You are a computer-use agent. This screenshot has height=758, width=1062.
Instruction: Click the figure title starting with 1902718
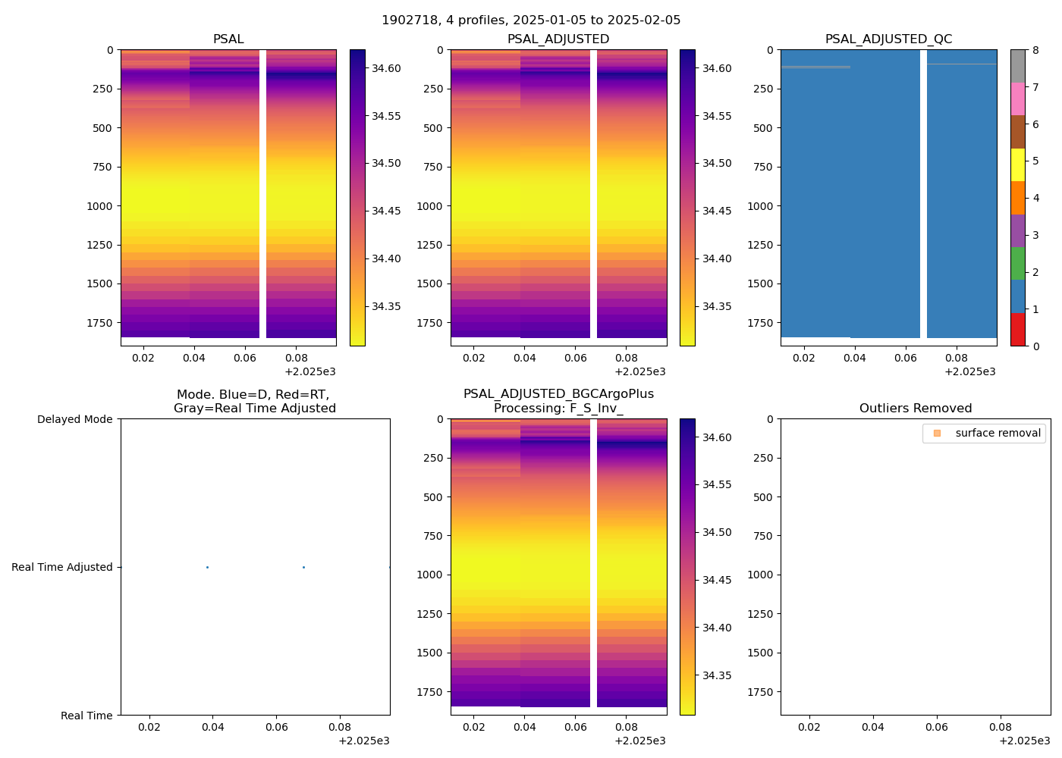tap(531, 20)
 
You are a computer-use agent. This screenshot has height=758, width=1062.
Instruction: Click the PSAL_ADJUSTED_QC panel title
tap(888, 39)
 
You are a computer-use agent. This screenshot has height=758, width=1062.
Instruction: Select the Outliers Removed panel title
tap(915, 409)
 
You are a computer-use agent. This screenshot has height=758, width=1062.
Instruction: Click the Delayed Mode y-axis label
tap(74, 419)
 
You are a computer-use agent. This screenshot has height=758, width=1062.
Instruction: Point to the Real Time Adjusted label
tap(62, 567)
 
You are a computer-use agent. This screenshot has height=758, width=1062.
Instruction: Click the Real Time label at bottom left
tap(86, 716)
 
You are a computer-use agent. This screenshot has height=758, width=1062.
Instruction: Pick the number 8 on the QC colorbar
tap(1035, 51)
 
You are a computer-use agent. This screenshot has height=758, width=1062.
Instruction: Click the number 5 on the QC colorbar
tap(1035, 161)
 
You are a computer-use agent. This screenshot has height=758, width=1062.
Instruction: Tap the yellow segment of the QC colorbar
tap(1017, 164)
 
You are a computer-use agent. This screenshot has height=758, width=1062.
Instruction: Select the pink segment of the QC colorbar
tap(1017, 99)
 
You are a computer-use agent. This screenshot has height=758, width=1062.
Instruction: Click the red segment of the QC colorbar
tap(1017, 329)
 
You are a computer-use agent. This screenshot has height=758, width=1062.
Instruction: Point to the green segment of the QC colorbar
tap(1017, 263)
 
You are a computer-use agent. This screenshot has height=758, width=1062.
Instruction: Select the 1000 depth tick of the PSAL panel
tap(99, 206)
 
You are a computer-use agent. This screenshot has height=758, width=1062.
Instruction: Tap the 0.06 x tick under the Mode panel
tap(277, 727)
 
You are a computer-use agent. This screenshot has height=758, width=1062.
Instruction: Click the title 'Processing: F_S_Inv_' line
tap(558, 409)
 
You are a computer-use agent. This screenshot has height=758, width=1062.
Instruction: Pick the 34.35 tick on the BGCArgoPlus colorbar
tap(717, 675)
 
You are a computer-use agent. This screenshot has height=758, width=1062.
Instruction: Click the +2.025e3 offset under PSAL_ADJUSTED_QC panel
tap(969, 371)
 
